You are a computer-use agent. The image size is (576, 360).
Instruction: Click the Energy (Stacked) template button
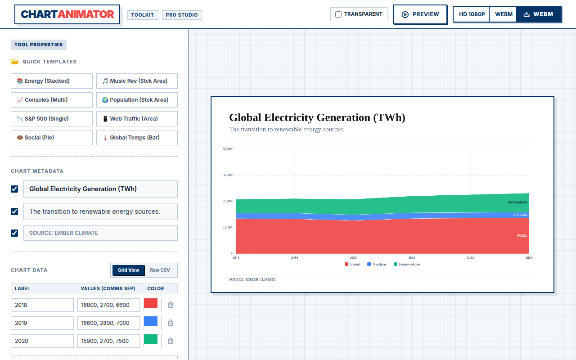tap(52, 81)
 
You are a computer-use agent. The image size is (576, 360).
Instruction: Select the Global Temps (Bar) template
tap(137, 138)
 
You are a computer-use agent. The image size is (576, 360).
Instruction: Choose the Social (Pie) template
tap(52, 138)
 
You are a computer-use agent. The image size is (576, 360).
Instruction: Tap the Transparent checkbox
tap(338, 14)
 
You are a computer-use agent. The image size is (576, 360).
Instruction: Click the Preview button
tap(420, 14)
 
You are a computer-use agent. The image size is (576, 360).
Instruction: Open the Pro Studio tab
tap(182, 15)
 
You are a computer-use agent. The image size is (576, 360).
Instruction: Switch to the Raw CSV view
tap(160, 270)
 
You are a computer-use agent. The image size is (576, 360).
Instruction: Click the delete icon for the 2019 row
tap(171, 323)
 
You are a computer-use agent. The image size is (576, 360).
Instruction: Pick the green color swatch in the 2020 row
tap(151, 339)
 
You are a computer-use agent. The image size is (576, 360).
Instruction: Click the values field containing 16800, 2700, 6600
tap(108, 305)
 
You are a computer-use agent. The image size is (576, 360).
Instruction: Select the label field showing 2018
tap(42, 305)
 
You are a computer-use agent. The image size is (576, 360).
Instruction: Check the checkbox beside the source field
tap(14, 233)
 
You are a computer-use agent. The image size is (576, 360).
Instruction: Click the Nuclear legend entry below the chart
tap(377, 264)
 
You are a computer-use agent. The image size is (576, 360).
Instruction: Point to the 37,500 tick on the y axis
tap(228, 175)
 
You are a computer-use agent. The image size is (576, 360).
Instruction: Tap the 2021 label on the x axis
tap(412, 258)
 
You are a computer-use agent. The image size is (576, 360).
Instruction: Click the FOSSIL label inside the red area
tap(522, 235)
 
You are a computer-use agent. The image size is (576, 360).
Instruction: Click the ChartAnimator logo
tap(67, 14)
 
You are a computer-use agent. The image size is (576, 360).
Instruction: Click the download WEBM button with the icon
tap(539, 14)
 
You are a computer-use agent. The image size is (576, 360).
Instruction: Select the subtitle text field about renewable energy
tap(100, 211)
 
